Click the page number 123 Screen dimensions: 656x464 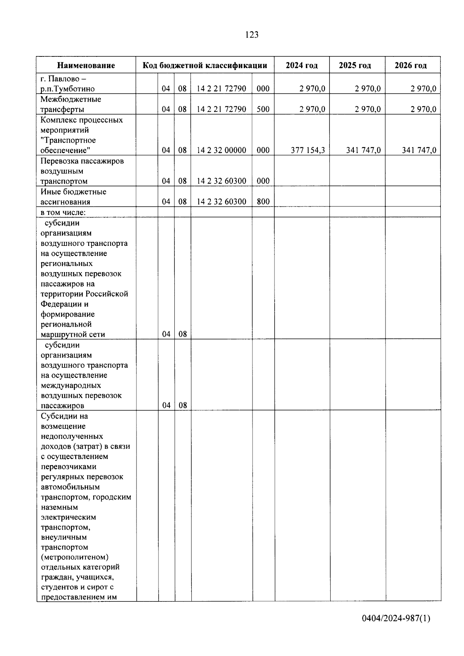click(x=252, y=35)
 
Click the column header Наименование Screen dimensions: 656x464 click(x=86, y=65)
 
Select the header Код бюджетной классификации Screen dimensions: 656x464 click(x=205, y=65)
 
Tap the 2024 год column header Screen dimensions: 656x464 click(x=302, y=65)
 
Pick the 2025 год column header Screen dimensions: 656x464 click(x=355, y=65)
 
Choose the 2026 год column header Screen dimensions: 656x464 click(x=411, y=65)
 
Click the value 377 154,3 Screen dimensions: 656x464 click(x=308, y=150)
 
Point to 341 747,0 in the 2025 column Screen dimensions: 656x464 click(x=363, y=150)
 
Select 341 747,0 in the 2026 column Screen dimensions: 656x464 click(x=419, y=150)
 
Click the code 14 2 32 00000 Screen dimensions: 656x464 click(x=222, y=150)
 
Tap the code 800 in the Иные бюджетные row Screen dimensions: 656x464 click(x=263, y=201)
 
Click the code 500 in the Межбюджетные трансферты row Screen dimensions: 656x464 click(x=263, y=109)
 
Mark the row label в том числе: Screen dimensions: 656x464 click(x=63, y=212)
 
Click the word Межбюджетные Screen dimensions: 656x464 click(x=71, y=99)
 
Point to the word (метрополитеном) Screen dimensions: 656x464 click(x=74, y=557)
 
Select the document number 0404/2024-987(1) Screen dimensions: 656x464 click(x=396, y=618)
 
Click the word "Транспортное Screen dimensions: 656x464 click(x=68, y=140)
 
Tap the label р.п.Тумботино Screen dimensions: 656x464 click(x=68, y=89)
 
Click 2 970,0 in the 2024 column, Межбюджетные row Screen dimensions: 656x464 click(x=312, y=109)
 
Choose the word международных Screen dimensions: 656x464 click(x=71, y=385)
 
